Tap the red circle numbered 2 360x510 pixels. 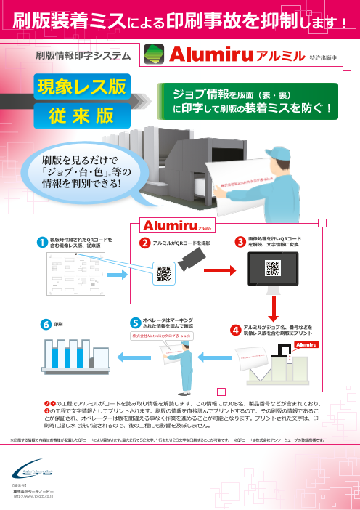coord(144,241)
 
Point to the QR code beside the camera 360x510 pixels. coord(163,275)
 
